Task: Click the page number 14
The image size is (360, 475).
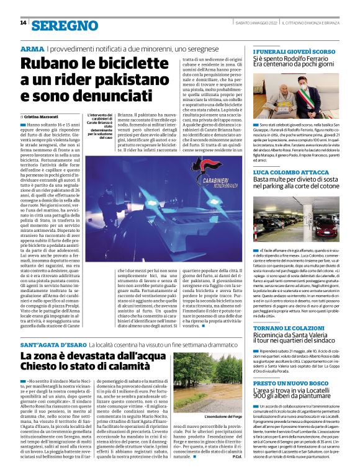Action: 23,23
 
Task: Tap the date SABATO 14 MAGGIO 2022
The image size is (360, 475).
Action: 256,23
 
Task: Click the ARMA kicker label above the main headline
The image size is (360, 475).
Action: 32,48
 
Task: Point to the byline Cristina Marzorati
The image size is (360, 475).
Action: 42,117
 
